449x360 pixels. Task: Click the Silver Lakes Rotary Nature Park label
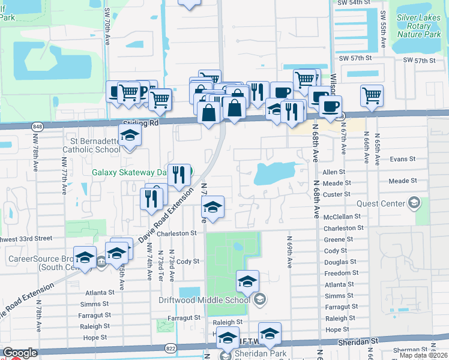pos(418,26)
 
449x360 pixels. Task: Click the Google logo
pos(20,353)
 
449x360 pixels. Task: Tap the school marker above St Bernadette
pos(129,136)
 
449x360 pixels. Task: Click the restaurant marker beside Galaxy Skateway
pos(179,175)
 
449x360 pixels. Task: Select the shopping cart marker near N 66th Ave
pos(372,95)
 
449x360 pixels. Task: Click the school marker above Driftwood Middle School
pos(247,280)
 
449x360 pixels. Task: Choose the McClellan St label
pos(342,216)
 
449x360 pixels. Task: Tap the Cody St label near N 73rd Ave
pos(187,262)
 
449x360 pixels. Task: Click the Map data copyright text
pos(424,355)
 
